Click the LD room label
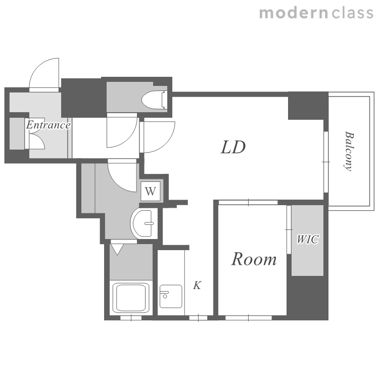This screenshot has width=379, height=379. click(233, 148)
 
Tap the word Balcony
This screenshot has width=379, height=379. click(349, 151)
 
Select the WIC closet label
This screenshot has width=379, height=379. click(307, 240)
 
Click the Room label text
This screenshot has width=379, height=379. click(254, 259)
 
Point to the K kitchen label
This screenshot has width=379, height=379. click(197, 285)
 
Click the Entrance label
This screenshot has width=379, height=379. click(49, 125)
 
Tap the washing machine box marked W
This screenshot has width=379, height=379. click(151, 191)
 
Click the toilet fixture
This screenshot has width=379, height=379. click(155, 100)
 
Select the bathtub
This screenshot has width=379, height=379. click(131, 298)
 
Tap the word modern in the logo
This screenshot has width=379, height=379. click(294, 13)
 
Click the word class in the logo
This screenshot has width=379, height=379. click(352, 13)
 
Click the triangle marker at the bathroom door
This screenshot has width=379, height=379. click(117, 249)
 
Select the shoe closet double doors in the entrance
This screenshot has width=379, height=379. click(34, 134)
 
